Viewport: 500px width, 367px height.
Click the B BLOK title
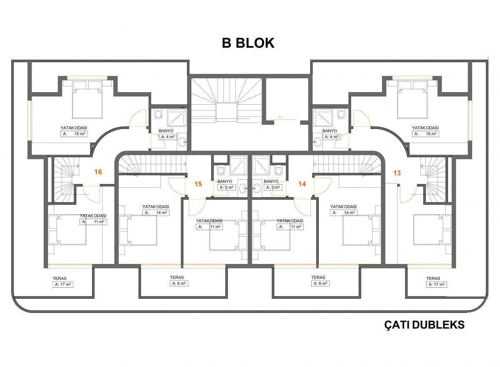(x=248, y=43)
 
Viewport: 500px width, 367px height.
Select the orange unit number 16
(x=98, y=172)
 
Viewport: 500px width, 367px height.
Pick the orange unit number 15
(x=198, y=184)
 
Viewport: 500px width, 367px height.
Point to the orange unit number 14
(x=302, y=184)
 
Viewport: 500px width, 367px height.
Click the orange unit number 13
(x=397, y=173)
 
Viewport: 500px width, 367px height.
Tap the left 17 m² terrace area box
(x=63, y=284)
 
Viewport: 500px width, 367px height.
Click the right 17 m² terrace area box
(x=436, y=284)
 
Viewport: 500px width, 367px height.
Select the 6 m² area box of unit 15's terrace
(x=179, y=284)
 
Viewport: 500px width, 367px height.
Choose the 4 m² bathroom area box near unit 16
(x=168, y=137)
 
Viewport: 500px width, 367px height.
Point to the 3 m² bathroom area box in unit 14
(x=273, y=187)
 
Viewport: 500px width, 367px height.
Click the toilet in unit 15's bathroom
(x=221, y=171)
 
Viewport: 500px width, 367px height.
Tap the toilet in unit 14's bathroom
(x=279, y=171)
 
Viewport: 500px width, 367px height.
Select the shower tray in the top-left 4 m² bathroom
(x=177, y=118)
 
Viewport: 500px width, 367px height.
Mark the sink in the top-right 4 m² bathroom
(x=317, y=142)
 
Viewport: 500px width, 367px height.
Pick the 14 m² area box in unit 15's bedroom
(x=156, y=212)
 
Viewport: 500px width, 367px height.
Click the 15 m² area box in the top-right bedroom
(x=425, y=133)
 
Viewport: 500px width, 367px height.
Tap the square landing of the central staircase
(x=226, y=113)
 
